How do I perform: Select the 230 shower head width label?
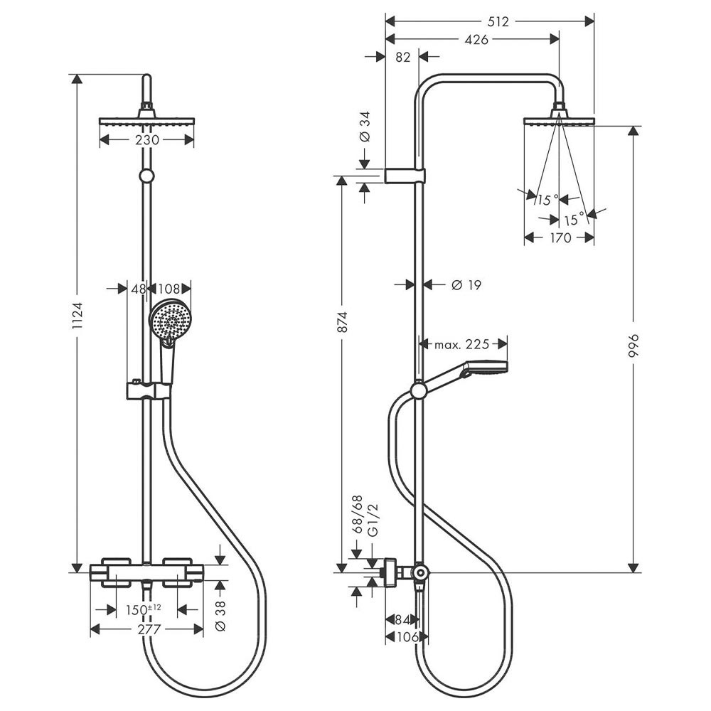[x=146, y=140]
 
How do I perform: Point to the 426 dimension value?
[x=476, y=40]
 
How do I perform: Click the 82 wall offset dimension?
[x=402, y=58]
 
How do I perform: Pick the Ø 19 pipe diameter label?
[x=466, y=284]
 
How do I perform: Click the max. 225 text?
[x=462, y=345]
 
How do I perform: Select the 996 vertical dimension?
[x=635, y=345]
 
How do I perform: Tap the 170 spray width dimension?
[x=560, y=238]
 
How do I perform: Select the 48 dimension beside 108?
[x=138, y=289]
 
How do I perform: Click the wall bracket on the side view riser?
[x=405, y=176]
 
